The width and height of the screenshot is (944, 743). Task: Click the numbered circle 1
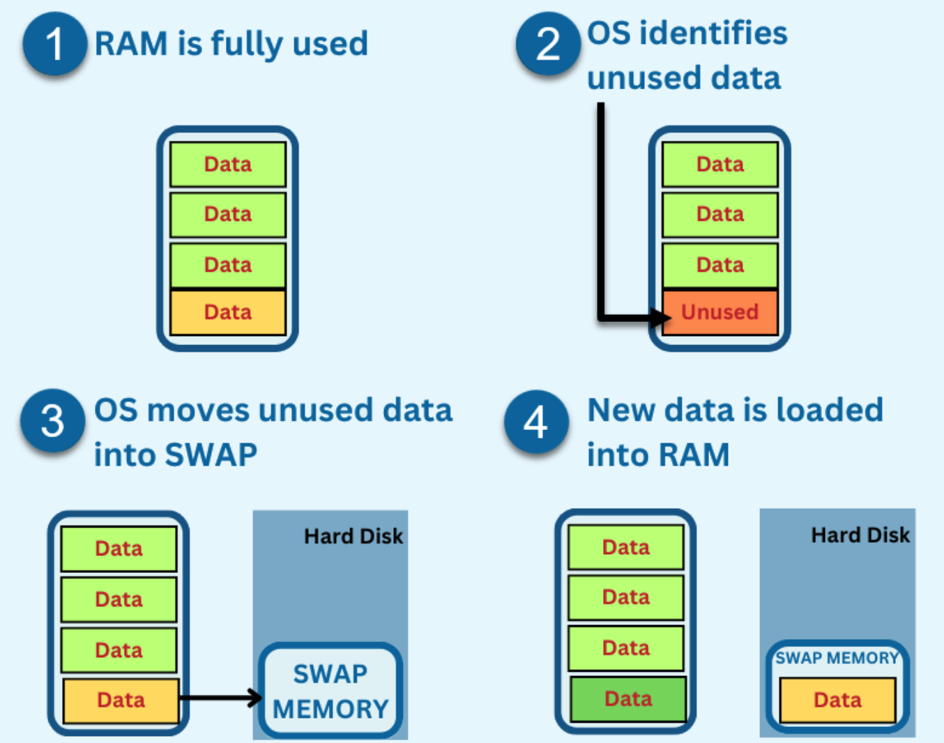pos(54,43)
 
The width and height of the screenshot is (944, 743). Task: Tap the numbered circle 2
pos(548,44)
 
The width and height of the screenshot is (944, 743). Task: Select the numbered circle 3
pos(53,421)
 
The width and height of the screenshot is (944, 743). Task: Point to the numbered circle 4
pos(535,422)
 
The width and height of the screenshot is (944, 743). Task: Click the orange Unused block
pos(720,312)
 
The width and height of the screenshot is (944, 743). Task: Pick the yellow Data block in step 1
pos(228,312)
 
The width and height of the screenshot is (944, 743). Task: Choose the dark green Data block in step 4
pos(627,698)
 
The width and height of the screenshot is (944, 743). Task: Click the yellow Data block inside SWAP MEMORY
pos(837,700)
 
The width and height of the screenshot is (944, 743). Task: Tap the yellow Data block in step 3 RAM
pos(121,700)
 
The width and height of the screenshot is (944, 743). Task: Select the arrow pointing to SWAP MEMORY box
pos(220,697)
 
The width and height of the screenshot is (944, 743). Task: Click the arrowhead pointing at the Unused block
pos(661,318)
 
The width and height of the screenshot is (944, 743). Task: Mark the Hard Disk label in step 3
pos(353,536)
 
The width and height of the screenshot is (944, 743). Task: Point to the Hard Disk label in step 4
pos(860,535)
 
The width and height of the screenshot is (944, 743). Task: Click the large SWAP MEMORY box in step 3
pos(330,690)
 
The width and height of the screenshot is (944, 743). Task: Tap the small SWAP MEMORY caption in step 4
pos(837,658)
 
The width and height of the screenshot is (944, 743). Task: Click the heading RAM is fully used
pos(231,44)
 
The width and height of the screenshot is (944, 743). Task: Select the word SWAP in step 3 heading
pos(211,455)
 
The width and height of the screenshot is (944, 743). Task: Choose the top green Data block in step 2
pos(720,164)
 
